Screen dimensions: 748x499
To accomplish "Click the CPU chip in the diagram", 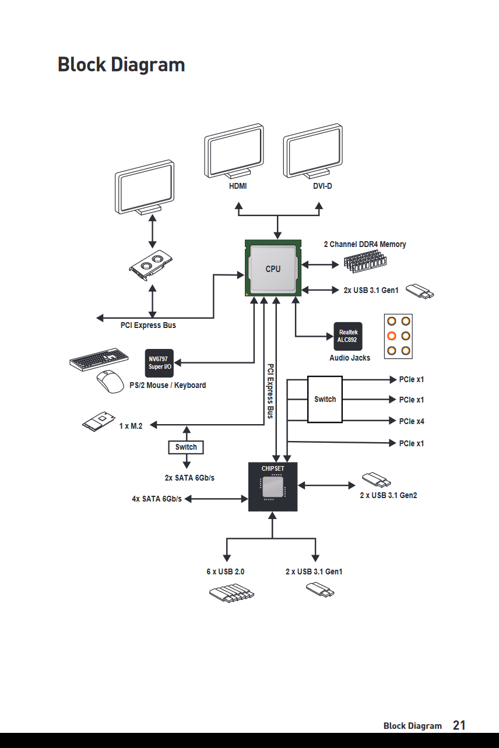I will pyautogui.click(x=273, y=269).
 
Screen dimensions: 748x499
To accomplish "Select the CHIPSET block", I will pyautogui.click(x=273, y=487).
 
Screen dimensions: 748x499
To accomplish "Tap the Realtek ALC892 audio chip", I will pyautogui.click(x=347, y=336).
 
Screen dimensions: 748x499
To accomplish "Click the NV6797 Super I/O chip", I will pyautogui.click(x=159, y=363).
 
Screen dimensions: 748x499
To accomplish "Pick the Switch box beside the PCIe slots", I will pyautogui.click(x=325, y=399).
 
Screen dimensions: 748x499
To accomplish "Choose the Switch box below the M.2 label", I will pyautogui.click(x=186, y=447).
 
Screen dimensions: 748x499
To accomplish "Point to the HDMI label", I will pyautogui.click(x=238, y=186).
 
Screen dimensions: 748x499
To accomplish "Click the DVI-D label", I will pyautogui.click(x=322, y=186).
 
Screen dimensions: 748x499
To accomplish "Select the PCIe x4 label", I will pyautogui.click(x=412, y=421).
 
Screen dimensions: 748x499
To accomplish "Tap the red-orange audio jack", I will pyautogui.click(x=392, y=336).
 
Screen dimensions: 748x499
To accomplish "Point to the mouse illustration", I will pyautogui.click(x=110, y=382).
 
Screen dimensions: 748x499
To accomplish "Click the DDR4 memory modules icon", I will pyautogui.click(x=365, y=262).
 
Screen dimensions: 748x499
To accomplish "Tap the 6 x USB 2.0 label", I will pyautogui.click(x=225, y=571).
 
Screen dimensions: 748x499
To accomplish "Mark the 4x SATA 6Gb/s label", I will pyautogui.click(x=156, y=499).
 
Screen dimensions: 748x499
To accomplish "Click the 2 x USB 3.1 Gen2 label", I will pyautogui.click(x=388, y=496).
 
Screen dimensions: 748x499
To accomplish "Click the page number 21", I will pyautogui.click(x=459, y=725).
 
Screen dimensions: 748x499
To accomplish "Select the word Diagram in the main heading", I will pyautogui.click(x=148, y=64).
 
